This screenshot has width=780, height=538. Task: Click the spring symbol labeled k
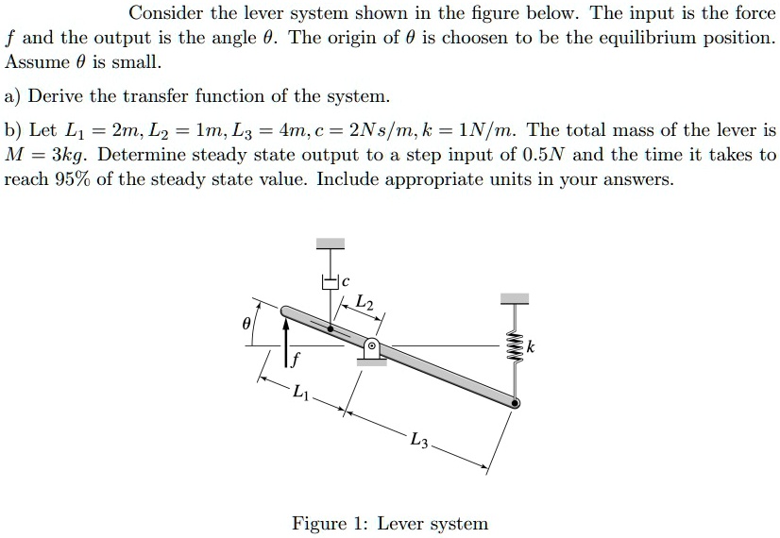516,347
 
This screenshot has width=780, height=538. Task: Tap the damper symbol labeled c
329,281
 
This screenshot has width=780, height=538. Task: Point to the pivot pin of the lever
373,346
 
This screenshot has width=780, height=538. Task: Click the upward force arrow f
287,335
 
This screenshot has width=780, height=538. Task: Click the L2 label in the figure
365,302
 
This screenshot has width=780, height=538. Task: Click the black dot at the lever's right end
516,403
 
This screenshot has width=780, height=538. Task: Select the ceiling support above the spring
516,298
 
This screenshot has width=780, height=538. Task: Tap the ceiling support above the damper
330,244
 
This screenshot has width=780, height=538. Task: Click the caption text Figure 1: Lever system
390,523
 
